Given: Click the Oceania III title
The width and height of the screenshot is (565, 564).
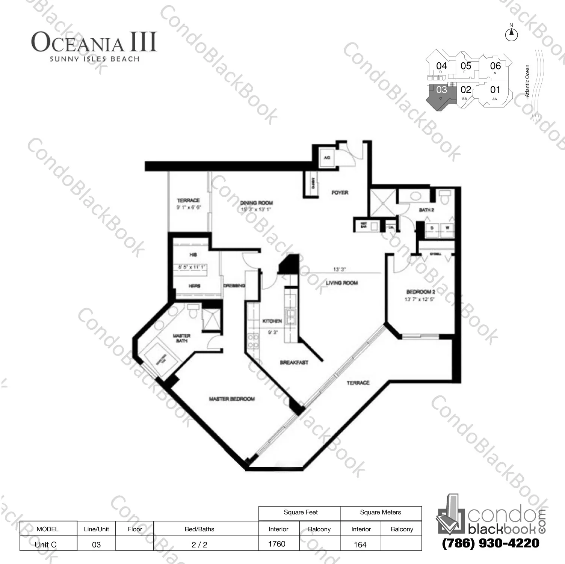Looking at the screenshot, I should coord(94,42).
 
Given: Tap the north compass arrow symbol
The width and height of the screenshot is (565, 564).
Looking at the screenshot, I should coord(511,35).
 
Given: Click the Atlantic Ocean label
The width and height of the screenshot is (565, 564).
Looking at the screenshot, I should coord(527,81).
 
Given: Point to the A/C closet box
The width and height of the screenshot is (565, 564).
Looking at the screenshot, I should coord(326,158).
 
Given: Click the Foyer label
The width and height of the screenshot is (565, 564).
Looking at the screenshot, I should coord(340,193).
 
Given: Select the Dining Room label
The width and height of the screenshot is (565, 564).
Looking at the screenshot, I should coord(256,203).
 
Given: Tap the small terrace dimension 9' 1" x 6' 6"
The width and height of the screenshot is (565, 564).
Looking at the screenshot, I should coord(189,207).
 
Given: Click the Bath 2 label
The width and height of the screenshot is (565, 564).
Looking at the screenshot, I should coord(426,210).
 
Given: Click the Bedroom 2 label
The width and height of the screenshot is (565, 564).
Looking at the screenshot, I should coord(420,292).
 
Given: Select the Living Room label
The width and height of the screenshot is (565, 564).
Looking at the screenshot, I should coord(341,283).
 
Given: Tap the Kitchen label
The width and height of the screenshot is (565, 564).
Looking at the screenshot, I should coord(272,321).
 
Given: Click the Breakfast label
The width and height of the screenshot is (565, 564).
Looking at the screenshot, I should coord(294,362).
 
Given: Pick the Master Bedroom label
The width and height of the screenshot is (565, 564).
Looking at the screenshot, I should coord(232,399).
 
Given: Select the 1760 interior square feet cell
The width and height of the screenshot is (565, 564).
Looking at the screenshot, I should coord(277,544).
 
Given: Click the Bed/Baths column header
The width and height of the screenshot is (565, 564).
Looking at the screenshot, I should coord(199,529).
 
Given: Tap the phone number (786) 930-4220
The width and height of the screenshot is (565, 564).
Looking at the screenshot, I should coord(491,543).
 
